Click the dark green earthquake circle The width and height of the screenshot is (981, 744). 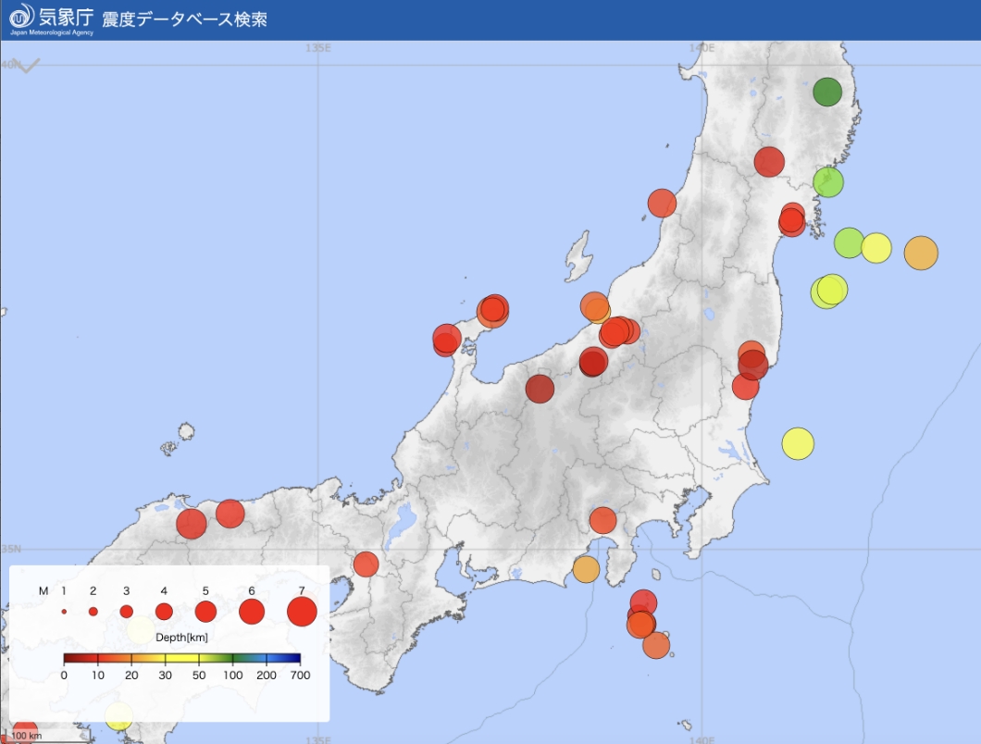click(x=827, y=93)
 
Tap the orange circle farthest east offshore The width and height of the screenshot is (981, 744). click(x=921, y=253)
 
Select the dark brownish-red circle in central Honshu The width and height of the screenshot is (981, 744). click(x=540, y=390)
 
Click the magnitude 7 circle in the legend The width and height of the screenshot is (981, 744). click(x=303, y=612)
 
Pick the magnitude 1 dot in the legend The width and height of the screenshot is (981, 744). click(x=64, y=612)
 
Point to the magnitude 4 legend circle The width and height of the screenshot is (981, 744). click(x=164, y=612)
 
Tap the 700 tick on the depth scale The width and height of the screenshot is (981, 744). click(x=300, y=676)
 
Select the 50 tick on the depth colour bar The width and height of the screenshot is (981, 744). click(x=200, y=676)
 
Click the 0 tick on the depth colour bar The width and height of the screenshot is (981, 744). click(x=64, y=676)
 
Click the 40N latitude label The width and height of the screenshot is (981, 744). click(x=8, y=64)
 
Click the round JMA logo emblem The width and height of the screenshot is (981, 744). click(x=20, y=16)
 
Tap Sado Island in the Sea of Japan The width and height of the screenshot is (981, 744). click(x=579, y=255)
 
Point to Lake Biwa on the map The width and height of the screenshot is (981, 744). click(x=404, y=525)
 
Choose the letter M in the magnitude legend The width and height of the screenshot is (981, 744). click(x=43, y=590)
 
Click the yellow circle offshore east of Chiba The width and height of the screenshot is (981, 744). click(x=797, y=444)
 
